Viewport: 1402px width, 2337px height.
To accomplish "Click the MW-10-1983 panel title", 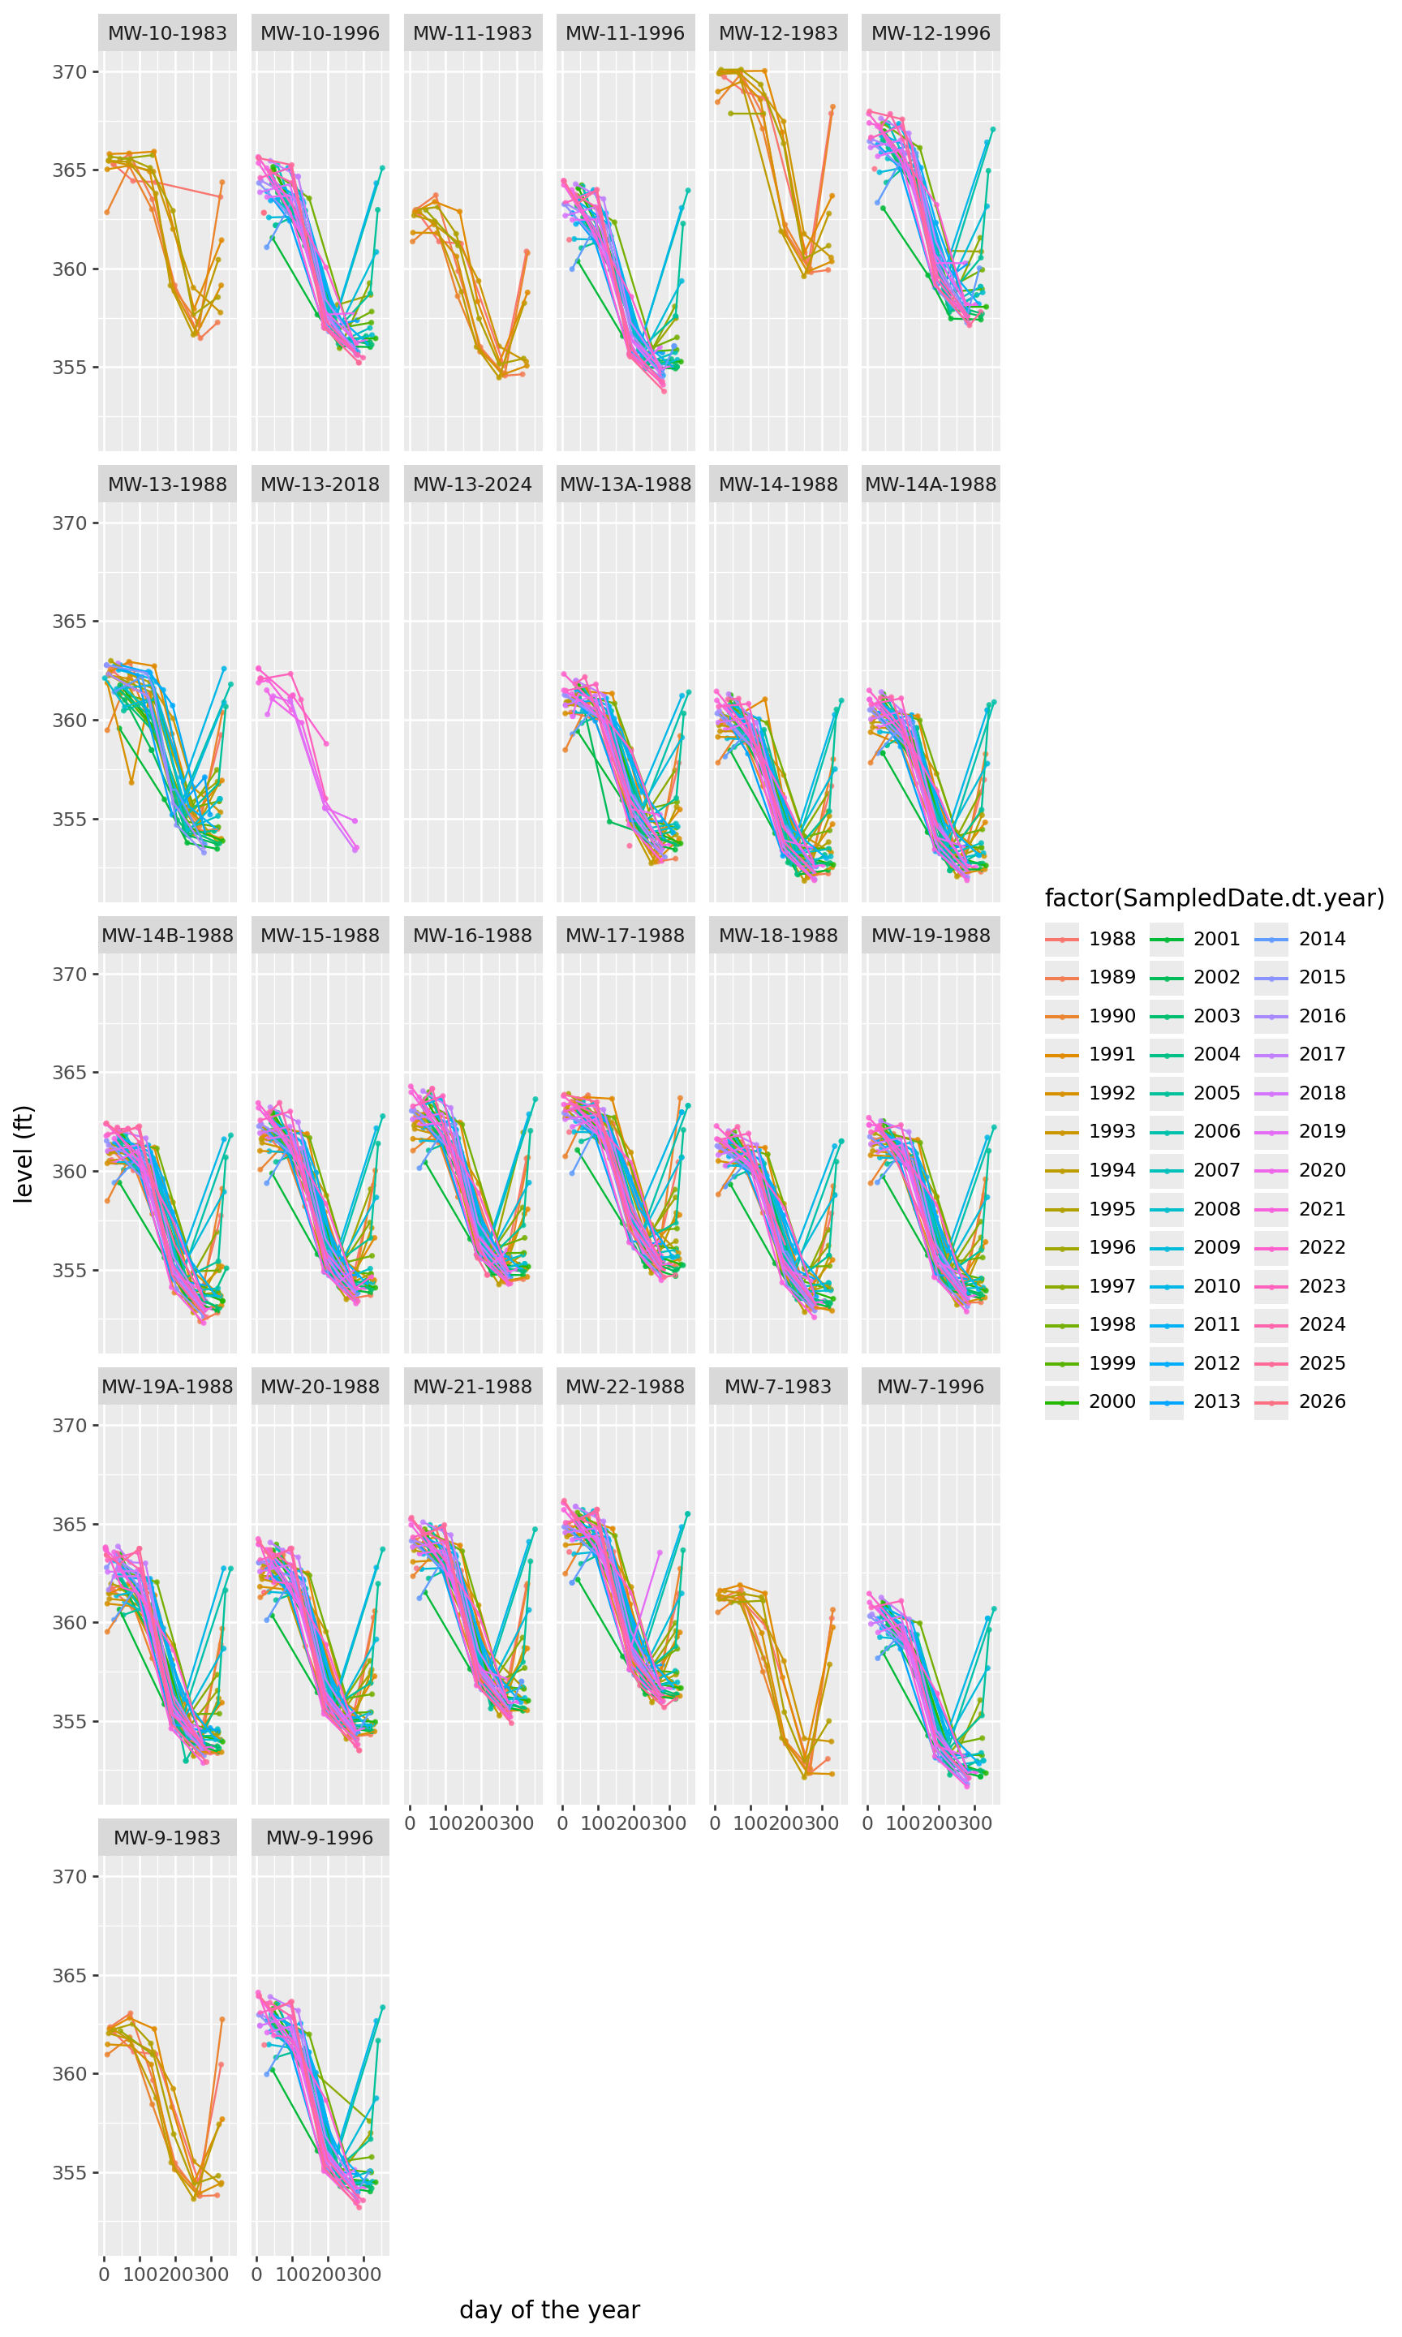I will click(167, 33).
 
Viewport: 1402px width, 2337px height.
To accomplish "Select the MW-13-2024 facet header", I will click(472, 484).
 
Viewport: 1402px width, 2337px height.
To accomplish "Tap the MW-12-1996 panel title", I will click(931, 33).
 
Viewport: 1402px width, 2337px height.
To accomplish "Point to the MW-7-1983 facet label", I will click(777, 1387).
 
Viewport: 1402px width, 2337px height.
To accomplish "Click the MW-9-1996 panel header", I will click(320, 1838).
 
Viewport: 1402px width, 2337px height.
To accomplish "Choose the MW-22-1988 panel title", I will click(625, 1387).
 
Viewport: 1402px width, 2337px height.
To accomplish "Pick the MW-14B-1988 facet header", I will click(167, 935).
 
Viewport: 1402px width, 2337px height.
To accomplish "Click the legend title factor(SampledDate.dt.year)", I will click(1214, 898).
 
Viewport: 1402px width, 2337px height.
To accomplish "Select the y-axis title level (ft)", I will click(24, 1153).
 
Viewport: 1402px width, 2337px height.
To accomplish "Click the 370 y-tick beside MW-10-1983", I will click(69, 71).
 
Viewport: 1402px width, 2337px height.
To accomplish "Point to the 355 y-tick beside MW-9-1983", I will click(69, 2174).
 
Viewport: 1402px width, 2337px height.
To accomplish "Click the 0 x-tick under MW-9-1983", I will click(104, 2275).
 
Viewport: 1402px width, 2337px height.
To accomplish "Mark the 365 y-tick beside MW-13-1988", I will click(69, 622).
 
